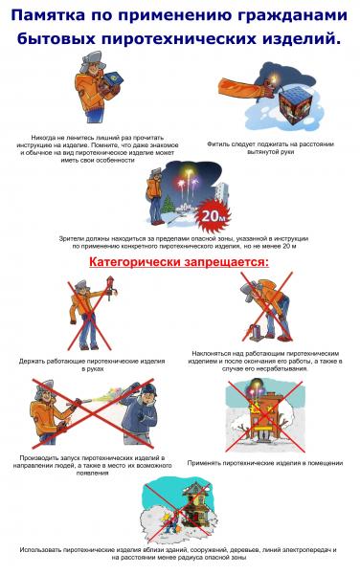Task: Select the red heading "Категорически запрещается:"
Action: click(x=179, y=260)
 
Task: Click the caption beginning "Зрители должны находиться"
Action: click(x=181, y=237)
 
